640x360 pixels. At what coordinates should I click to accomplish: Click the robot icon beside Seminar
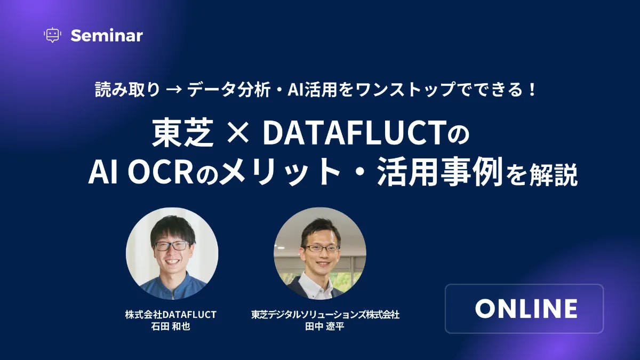[x=52, y=35]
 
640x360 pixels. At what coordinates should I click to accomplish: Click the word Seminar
[x=107, y=36]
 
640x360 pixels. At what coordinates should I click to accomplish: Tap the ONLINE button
[x=524, y=309]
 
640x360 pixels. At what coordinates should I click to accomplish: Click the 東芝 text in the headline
[x=183, y=134]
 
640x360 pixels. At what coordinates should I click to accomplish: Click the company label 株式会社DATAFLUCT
[x=171, y=314]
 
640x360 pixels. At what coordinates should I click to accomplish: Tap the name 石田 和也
[x=171, y=326]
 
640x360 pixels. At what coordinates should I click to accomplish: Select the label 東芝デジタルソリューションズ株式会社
[x=325, y=314]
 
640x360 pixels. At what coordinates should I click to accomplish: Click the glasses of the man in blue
[x=172, y=246]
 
